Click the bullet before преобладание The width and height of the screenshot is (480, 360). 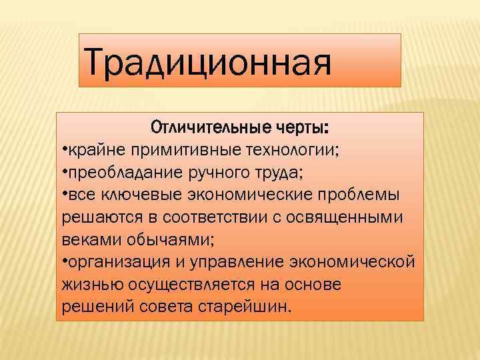(x=62, y=173)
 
